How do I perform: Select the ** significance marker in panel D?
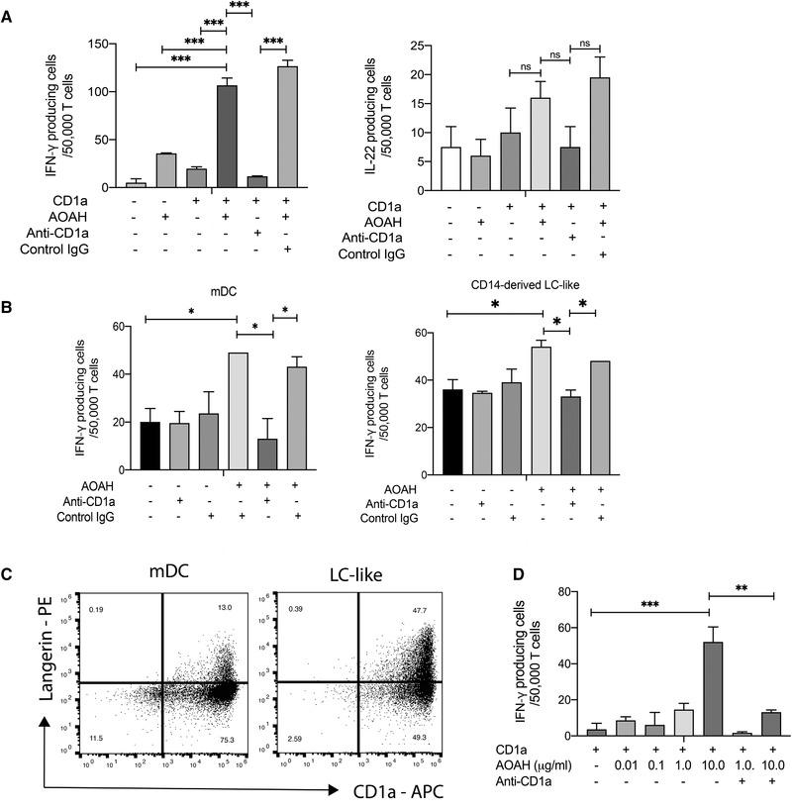click(x=739, y=586)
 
